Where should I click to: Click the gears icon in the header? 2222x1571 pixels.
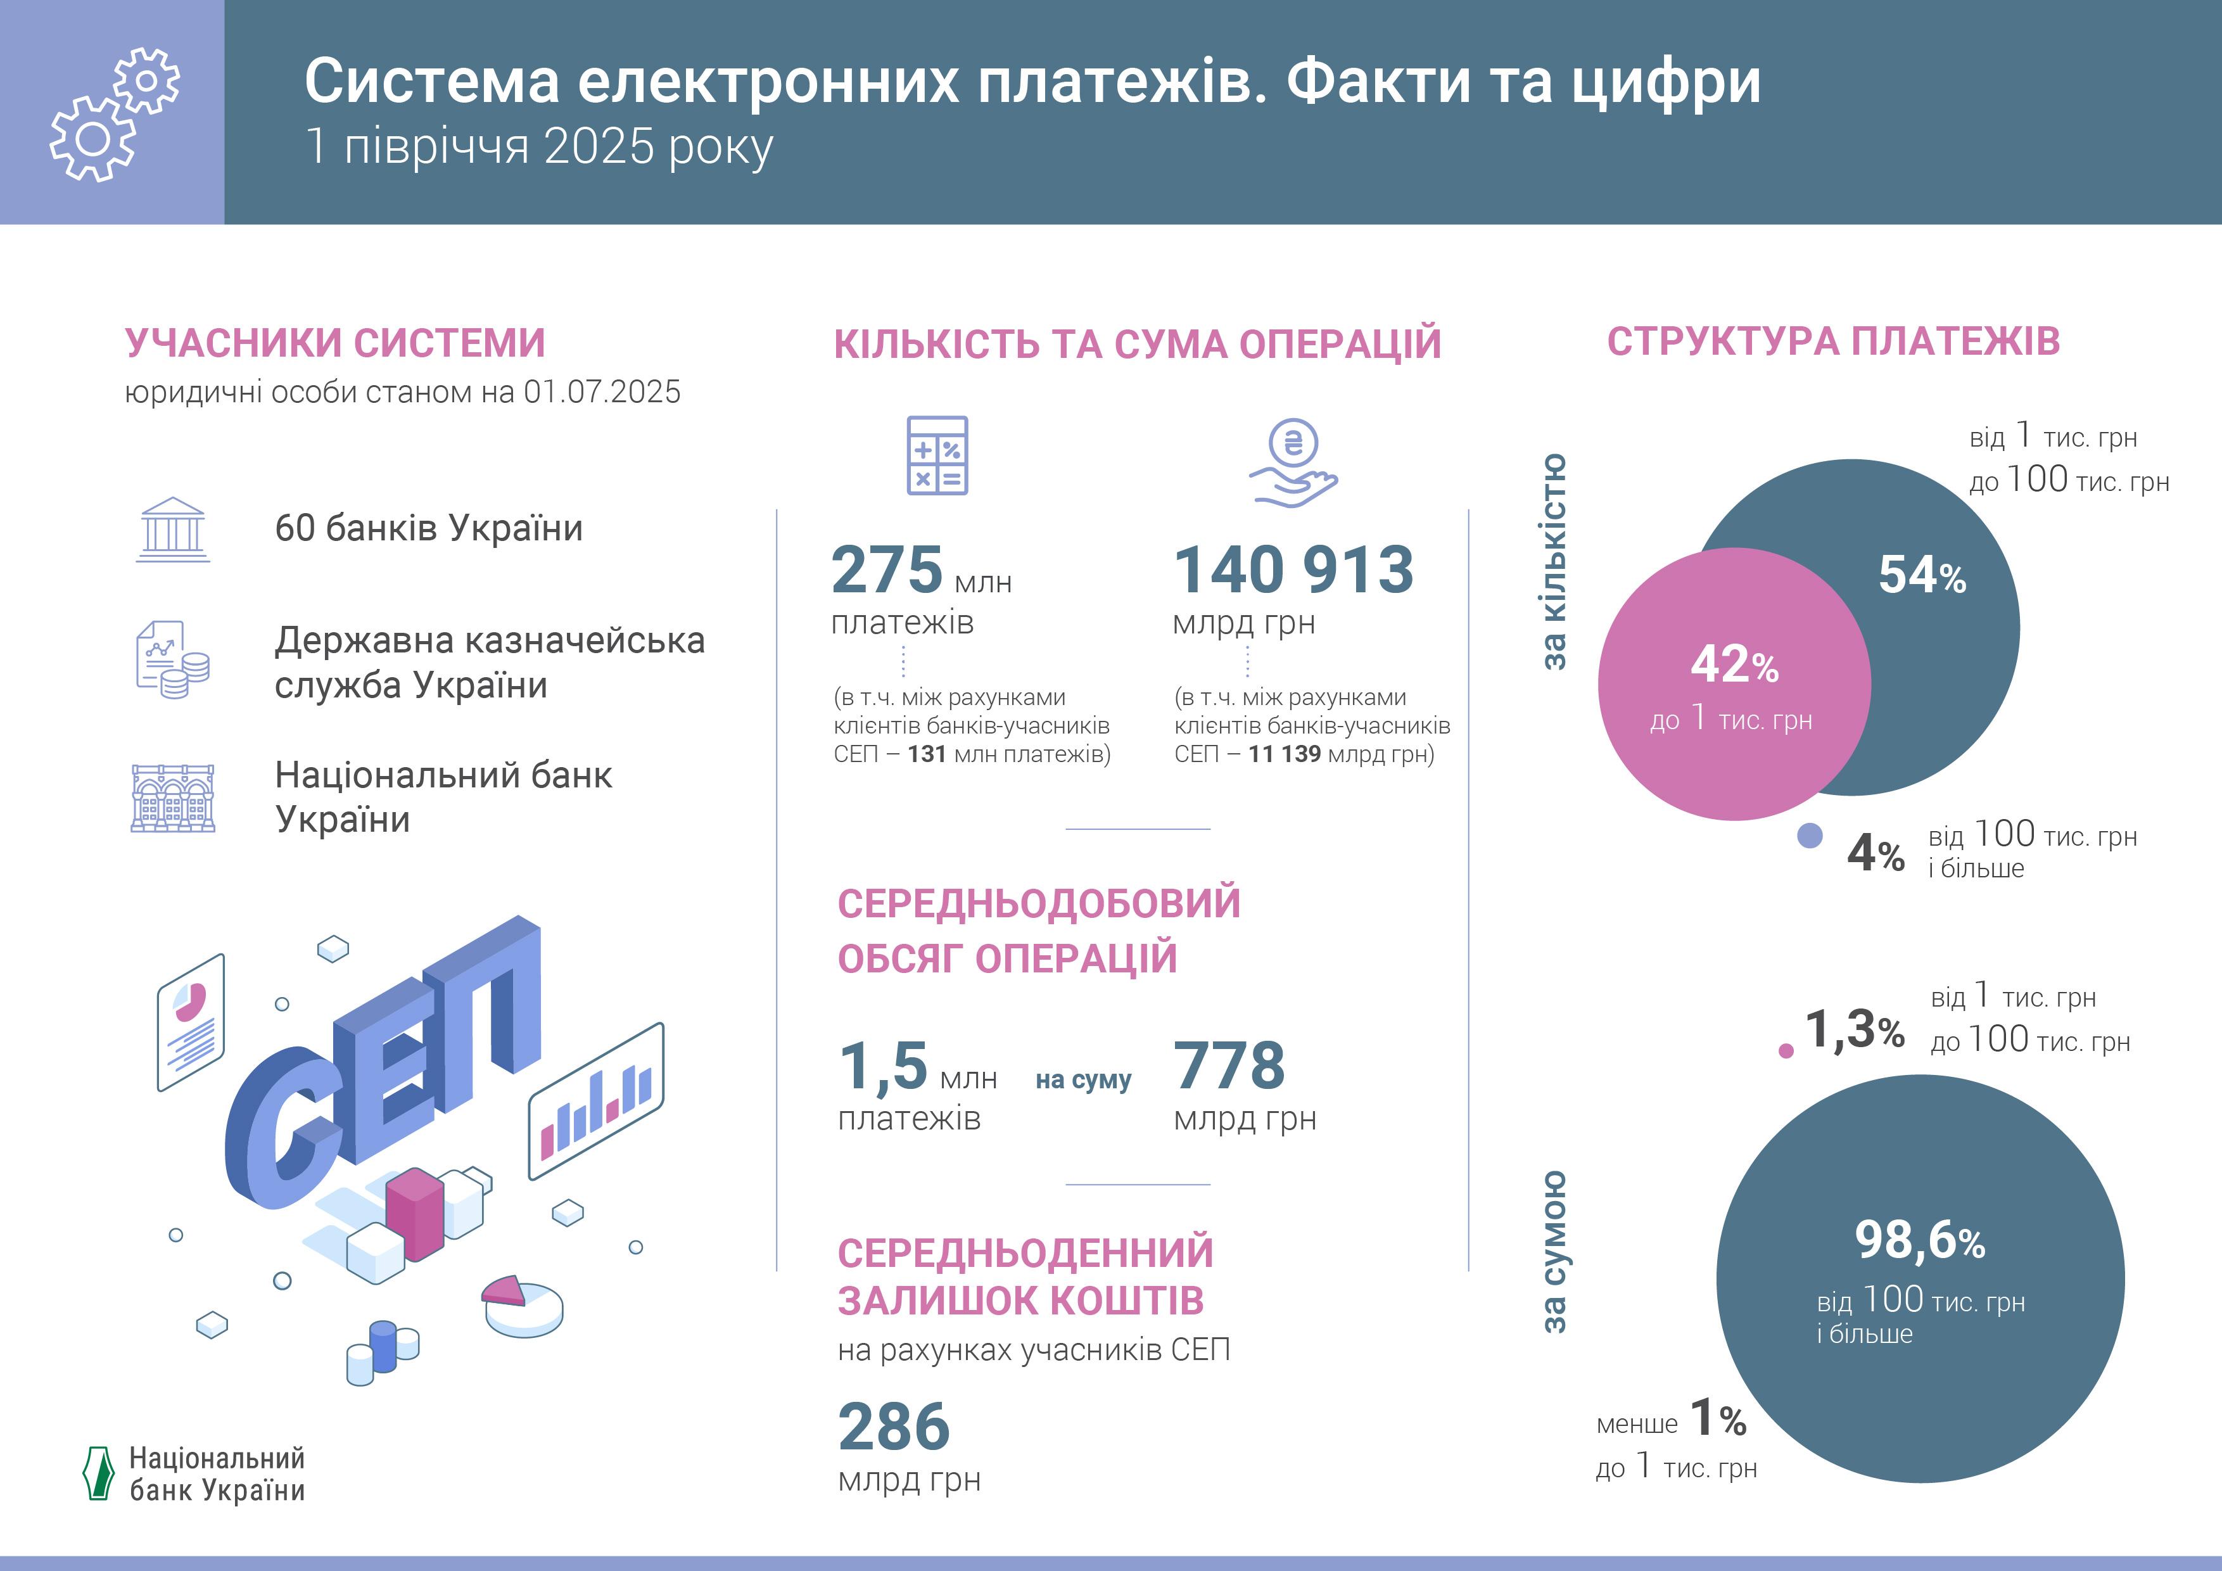pyautogui.click(x=114, y=113)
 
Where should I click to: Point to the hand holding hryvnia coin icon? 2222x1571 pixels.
pyautogui.click(x=1293, y=462)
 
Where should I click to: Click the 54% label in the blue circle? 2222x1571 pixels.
pyautogui.click(x=1921, y=575)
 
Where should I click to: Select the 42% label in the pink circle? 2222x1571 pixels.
pyautogui.click(x=1734, y=665)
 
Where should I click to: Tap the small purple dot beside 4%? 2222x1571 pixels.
pyautogui.click(x=1809, y=836)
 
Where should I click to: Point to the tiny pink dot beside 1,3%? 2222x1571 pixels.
pyautogui.click(x=1786, y=1051)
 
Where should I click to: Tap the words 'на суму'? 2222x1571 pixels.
pyautogui.click(x=1083, y=1079)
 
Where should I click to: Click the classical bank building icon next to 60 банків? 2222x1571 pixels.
pyautogui.click(x=172, y=530)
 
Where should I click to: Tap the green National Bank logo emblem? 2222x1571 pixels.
pyautogui.click(x=99, y=1473)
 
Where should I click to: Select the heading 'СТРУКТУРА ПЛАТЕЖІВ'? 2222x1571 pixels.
pyautogui.click(x=1833, y=341)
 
